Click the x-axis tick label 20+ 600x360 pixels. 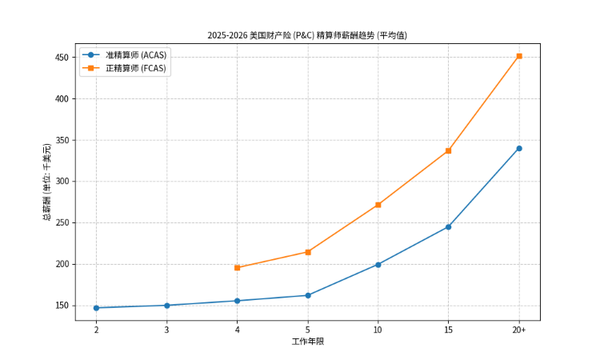(519, 330)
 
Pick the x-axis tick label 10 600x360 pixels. (378, 330)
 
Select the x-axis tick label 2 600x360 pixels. (96, 330)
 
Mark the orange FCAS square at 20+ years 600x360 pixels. (519, 56)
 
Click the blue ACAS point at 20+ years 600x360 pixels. (519, 148)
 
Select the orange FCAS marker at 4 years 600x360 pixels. (237, 268)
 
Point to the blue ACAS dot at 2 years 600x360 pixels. (96, 308)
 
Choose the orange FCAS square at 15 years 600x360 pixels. (448, 150)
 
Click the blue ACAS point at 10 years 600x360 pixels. (378, 264)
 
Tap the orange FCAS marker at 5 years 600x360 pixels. (307, 252)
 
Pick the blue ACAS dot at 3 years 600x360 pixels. (166, 306)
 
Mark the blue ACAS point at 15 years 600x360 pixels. (448, 227)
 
